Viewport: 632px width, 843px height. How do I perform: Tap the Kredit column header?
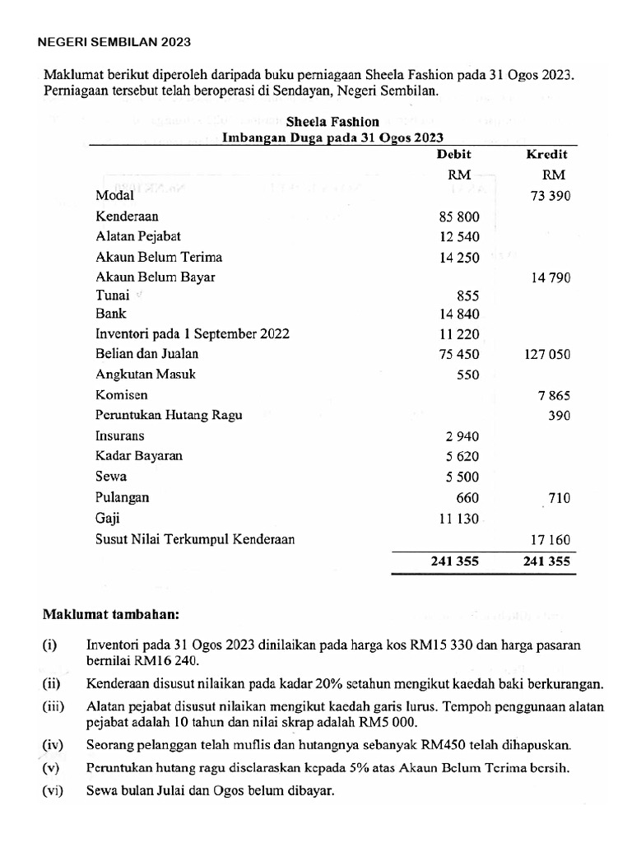click(x=547, y=154)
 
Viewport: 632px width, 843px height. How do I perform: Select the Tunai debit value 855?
click(x=467, y=295)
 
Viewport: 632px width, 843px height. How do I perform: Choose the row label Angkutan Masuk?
click(x=146, y=375)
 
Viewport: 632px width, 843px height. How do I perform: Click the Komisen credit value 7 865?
click(x=553, y=395)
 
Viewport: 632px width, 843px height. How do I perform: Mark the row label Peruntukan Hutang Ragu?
click(x=170, y=416)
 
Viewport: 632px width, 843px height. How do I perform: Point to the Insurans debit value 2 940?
click(x=462, y=436)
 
